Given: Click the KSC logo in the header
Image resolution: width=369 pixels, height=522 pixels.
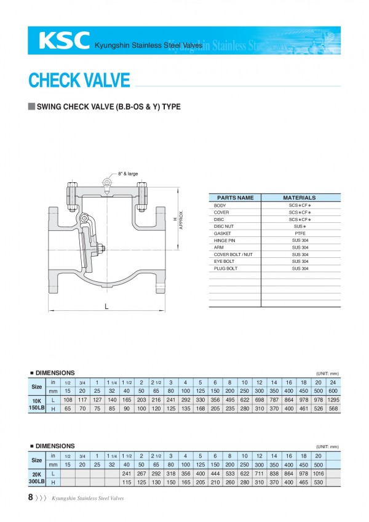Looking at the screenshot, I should pyautogui.click(x=64, y=41).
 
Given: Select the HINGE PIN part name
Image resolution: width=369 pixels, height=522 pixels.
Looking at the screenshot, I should pyautogui.click(x=224, y=241).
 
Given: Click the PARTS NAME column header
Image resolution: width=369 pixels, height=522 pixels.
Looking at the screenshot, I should pyautogui.click(x=235, y=198).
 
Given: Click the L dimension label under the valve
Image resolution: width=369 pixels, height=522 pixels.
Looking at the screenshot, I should pyautogui.click(x=105, y=307).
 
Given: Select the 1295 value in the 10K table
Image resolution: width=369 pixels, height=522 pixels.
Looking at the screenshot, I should pyautogui.click(x=333, y=400).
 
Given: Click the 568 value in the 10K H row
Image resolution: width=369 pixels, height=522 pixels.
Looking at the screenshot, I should pyautogui.click(x=333, y=409).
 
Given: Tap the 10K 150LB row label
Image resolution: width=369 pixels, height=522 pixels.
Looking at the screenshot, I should pyautogui.click(x=37, y=404).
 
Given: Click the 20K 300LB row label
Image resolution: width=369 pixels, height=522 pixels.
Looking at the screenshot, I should pyautogui.click(x=37, y=478).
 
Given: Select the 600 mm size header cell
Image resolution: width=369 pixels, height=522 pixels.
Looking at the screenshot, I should pyautogui.click(x=333, y=390).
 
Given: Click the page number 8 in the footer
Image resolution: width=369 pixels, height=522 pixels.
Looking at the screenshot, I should pyautogui.click(x=31, y=497).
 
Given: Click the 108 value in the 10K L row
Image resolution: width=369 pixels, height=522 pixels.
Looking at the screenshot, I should pyautogui.click(x=68, y=400).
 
